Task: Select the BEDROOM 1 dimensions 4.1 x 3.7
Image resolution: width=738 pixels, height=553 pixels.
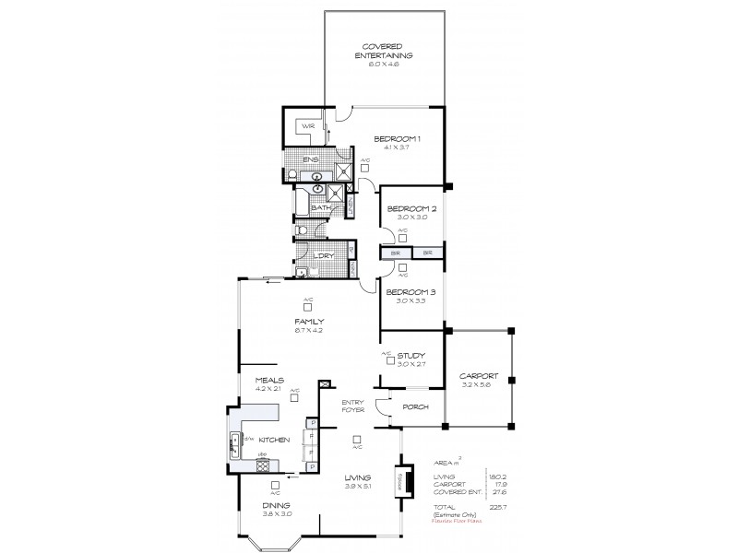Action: pyautogui.click(x=397, y=147)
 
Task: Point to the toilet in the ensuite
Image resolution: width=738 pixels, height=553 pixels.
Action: pyautogui.click(x=292, y=173)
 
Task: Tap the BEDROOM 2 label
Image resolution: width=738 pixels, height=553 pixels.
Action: pyautogui.click(x=411, y=209)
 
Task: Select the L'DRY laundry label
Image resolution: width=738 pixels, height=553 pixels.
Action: pyautogui.click(x=322, y=254)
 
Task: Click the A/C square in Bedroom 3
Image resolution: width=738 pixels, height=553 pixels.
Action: pyautogui.click(x=404, y=273)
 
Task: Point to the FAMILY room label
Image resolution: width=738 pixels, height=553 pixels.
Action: pyautogui.click(x=308, y=321)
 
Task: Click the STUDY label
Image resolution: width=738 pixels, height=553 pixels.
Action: pyautogui.click(x=411, y=353)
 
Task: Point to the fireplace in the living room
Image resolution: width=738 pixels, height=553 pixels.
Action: pyautogui.click(x=402, y=482)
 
